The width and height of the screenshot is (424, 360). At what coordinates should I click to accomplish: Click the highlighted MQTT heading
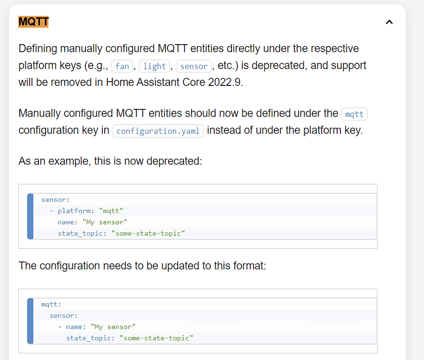coord(33,22)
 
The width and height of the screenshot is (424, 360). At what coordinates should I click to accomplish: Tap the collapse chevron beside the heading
coord(389,22)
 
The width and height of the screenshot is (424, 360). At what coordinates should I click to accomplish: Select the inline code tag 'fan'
coord(122,66)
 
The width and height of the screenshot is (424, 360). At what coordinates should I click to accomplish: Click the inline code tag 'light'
coord(155,66)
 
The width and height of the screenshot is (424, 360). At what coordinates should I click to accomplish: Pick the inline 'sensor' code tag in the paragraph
coord(194,66)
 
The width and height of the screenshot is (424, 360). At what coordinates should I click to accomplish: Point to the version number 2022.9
coord(225,82)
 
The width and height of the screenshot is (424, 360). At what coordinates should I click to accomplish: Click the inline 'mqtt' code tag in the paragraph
coord(354,114)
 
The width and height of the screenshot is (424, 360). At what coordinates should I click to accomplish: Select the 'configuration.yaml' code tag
coord(158,131)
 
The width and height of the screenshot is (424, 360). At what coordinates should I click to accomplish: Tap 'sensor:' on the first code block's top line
coord(55,199)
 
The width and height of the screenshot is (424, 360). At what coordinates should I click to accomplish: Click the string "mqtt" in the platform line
coord(111,211)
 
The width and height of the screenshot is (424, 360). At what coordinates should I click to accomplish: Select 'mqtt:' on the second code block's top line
coord(51,304)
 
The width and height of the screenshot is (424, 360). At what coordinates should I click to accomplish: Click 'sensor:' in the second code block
coord(63,315)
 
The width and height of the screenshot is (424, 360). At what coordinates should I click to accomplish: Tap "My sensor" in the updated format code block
coord(113,327)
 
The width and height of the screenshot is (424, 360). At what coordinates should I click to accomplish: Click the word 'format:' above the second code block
coord(248,265)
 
